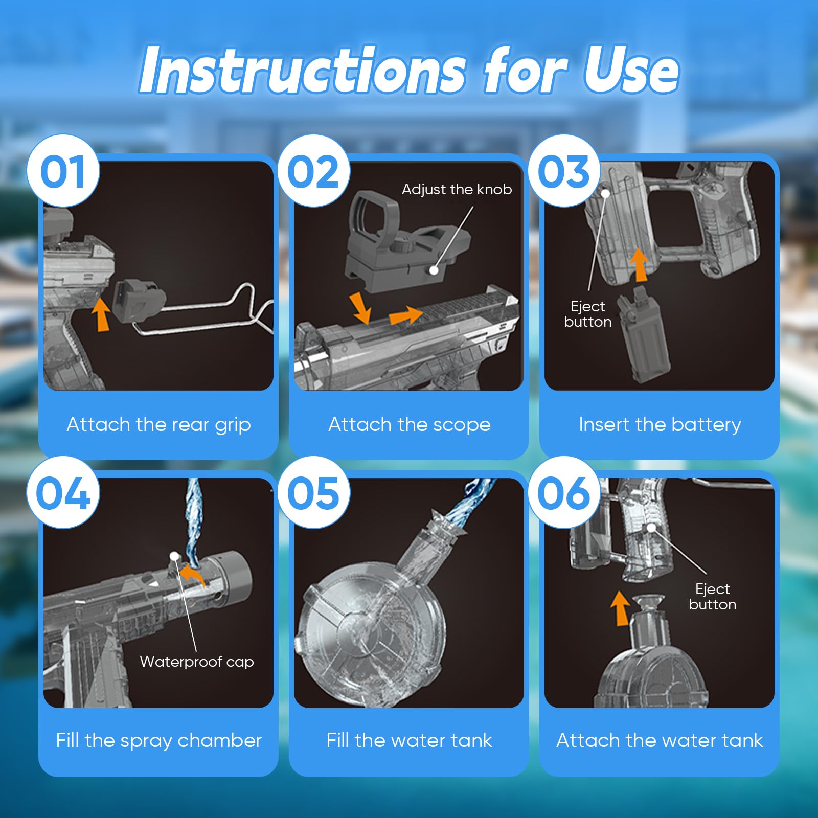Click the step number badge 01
(63, 171)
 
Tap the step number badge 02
(313, 171)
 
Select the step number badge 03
(564, 171)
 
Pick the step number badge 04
(63, 492)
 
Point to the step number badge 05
(313, 492)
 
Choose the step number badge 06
(564, 492)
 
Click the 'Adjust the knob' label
(457, 190)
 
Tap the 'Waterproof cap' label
(197, 662)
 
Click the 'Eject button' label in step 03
(588, 314)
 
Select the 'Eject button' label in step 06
(713, 597)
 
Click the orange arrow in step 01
(102, 314)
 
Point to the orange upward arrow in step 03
(639, 265)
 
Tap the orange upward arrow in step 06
(621, 608)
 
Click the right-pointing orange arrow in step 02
(406, 315)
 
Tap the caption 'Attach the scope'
(409, 425)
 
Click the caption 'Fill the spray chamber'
(158, 741)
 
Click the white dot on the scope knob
(434, 270)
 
